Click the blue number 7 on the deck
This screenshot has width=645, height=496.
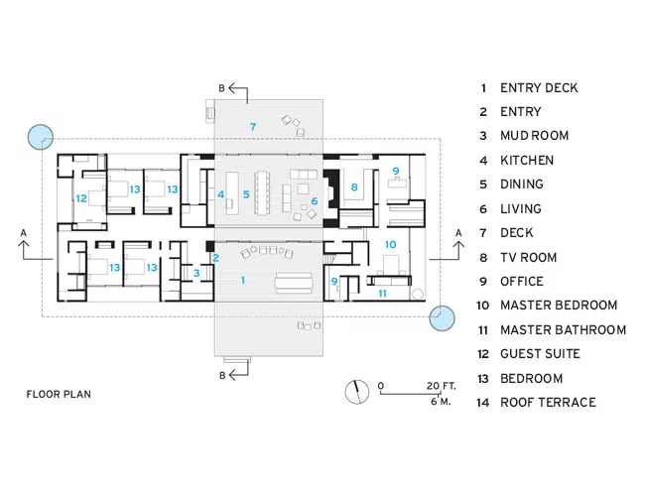coord(253,127)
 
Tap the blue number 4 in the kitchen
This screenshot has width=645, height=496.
coord(221,194)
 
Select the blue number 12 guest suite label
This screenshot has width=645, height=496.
coord(81,198)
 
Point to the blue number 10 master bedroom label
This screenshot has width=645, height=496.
coord(390,245)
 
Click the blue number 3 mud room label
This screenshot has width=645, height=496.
coord(196,273)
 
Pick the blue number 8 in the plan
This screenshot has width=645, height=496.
coord(354,187)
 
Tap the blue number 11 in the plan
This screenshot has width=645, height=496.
coord(383,294)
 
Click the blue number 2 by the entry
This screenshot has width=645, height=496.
coord(215,258)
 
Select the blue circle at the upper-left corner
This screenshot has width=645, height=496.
coord(41,137)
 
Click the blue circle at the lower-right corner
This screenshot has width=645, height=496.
coord(442,317)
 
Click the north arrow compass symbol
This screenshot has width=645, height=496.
coord(357,392)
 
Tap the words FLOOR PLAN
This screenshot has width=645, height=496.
coord(59,394)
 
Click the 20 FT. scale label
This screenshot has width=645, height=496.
coord(441,386)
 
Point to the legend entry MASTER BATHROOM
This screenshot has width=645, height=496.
coord(564,330)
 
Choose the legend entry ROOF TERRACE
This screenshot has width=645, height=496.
coord(548,402)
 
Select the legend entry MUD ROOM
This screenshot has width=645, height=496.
coord(534,136)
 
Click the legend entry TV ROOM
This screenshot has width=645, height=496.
coord(528,258)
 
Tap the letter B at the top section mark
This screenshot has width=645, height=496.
coord(221,88)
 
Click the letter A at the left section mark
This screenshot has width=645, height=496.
coord(24,233)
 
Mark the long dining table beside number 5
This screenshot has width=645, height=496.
coord(262,192)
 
